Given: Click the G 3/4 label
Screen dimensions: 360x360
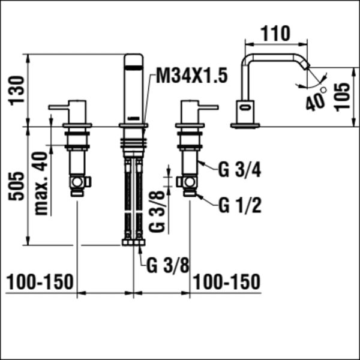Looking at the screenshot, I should pyautogui.click(x=239, y=170).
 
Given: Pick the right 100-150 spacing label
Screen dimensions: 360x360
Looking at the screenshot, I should pyautogui.click(x=227, y=281).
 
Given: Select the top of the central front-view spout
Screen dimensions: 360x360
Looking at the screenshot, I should pyautogui.click(x=134, y=59).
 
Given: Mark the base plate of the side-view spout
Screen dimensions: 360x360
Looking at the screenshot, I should pyautogui.click(x=247, y=125).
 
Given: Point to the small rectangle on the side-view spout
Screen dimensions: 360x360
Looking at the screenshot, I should pyautogui.click(x=245, y=108).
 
